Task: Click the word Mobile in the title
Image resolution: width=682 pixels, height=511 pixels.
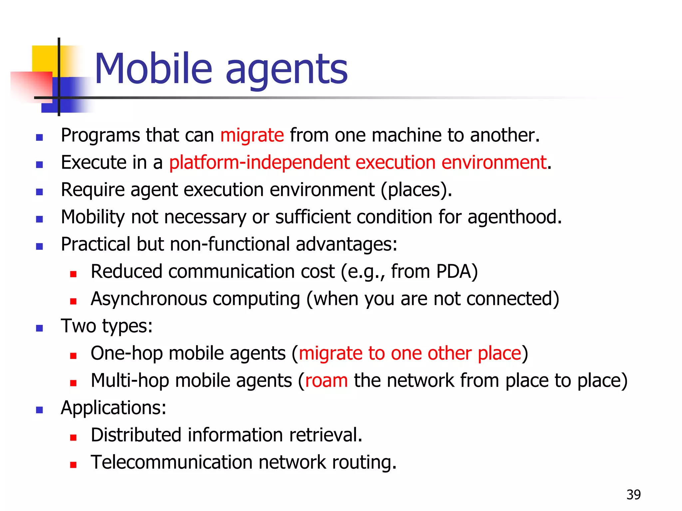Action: (153, 69)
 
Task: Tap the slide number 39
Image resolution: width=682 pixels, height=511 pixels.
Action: (633, 495)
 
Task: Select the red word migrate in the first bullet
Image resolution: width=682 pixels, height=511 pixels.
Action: (252, 135)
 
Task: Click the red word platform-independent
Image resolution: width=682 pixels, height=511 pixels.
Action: (259, 163)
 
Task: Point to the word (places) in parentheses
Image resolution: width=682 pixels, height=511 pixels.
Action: (416, 190)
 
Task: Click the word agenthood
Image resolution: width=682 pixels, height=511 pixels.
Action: (514, 217)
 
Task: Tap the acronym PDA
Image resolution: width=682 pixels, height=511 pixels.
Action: (456, 271)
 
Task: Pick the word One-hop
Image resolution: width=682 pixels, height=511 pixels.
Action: (126, 353)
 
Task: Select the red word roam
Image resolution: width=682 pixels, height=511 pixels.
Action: (326, 381)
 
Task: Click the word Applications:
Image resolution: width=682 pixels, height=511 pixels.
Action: (113, 408)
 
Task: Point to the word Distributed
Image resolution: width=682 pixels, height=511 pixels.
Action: (136, 435)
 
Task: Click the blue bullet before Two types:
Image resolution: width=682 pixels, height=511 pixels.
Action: (40, 328)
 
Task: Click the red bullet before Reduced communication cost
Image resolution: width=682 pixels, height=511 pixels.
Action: (73, 274)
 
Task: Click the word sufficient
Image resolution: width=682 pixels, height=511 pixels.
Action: (313, 217)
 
